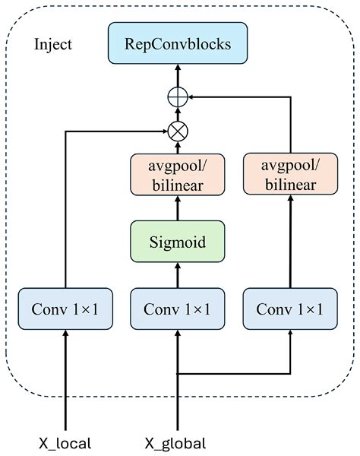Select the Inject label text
click(53, 43)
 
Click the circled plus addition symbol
click(178, 97)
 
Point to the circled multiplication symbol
click(178, 131)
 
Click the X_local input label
click(65, 442)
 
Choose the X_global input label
click(176, 442)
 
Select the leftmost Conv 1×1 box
click(65, 309)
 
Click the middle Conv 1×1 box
click(178, 309)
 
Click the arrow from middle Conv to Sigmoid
click(178, 274)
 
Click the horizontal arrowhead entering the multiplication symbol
click(164, 131)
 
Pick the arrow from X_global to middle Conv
click(178, 357)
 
